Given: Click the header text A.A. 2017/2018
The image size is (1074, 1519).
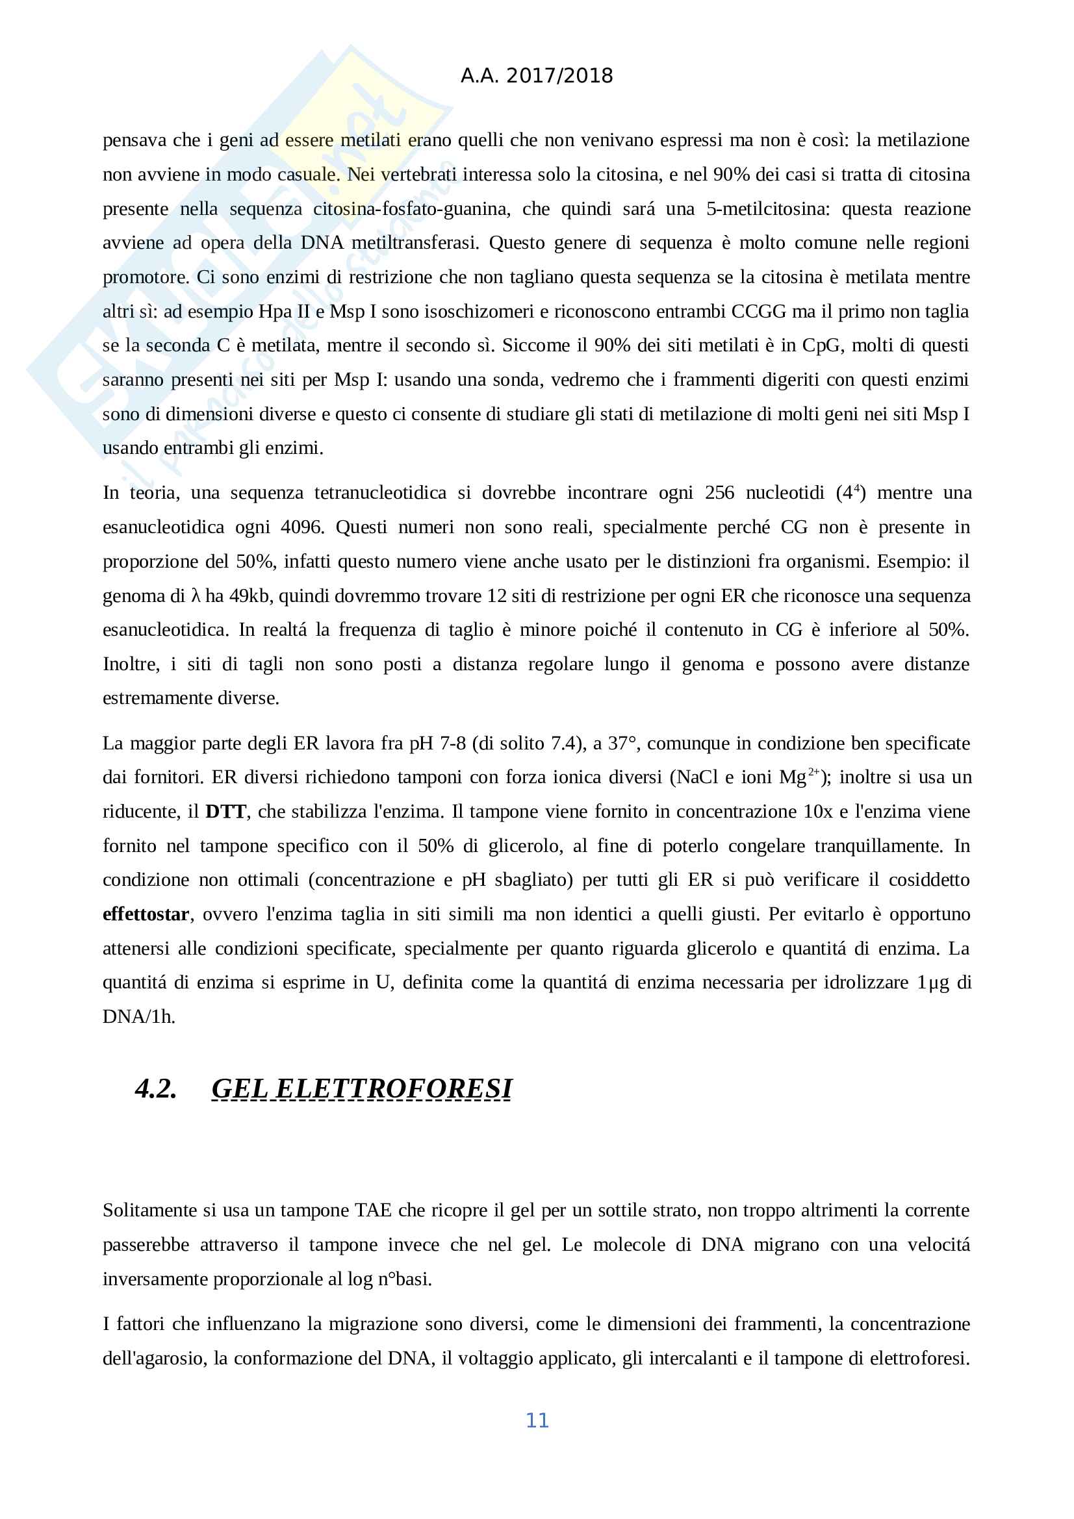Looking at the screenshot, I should tap(537, 76).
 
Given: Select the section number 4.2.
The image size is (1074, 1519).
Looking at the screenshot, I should tap(156, 1089).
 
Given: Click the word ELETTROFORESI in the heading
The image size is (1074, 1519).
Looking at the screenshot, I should tap(394, 1089).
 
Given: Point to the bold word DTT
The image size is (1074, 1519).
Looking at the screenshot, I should tap(225, 812).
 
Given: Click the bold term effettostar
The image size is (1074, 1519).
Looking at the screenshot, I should tap(146, 914).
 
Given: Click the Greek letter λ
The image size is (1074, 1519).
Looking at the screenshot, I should tap(195, 596).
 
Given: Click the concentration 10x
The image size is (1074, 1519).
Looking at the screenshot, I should tap(818, 812).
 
